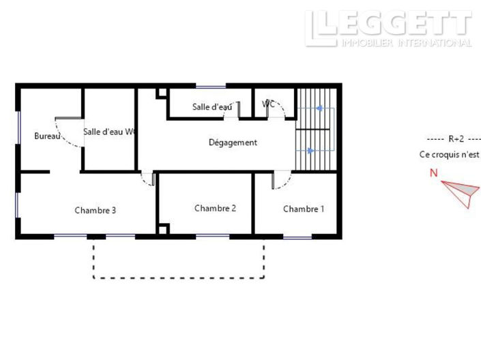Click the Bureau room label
47,136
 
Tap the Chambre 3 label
95,210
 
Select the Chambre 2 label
215,208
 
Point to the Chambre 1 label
304,209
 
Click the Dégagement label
233,142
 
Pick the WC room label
269,104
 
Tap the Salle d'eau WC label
109,132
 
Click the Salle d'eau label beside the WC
212,107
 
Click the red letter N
433,172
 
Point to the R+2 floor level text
454,138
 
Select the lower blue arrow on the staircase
311,151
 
